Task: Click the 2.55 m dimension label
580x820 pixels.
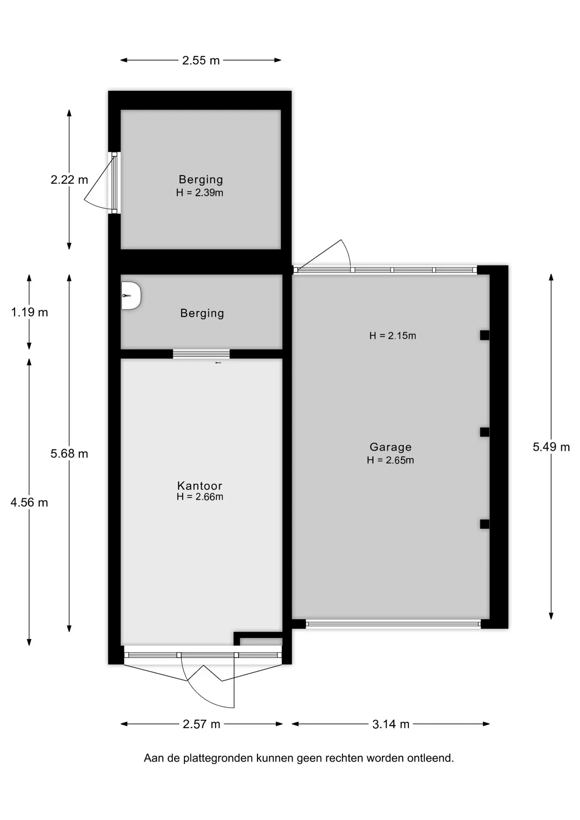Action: pos(201,60)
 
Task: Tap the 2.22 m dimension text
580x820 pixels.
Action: pos(69,179)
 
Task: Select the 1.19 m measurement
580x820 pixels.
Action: pos(29,312)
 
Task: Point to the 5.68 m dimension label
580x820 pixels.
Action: pos(69,453)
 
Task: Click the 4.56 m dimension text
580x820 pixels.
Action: pos(29,502)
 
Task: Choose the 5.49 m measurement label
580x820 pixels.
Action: pos(551,447)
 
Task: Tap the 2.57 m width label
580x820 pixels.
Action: pos(201,724)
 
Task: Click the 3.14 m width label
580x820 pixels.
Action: pos(391,724)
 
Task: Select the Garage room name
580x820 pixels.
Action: pos(390,447)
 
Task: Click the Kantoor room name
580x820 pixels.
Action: pos(200,486)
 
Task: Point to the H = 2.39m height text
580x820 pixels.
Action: pos(199,193)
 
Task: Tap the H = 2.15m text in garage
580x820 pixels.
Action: pos(393,336)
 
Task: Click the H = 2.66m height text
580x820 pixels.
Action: pos(200,497)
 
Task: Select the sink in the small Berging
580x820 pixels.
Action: pos(131,296)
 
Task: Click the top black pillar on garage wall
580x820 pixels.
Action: pos(484,335)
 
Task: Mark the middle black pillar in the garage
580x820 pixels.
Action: pos(484,432)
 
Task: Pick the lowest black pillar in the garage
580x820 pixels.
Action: pos(484,524)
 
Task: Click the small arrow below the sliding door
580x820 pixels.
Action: pos(218,363)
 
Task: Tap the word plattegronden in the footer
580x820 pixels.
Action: pos(219,758)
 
